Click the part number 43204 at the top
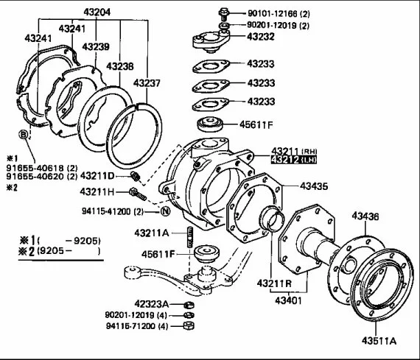click(x=97, y=13)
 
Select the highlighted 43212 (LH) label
click(x=294, y=160)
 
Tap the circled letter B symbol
click(x=24, y=134)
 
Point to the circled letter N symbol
click(x=166, y=211)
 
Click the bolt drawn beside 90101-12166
click(x=223, y=14)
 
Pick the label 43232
click(x=261, y=37)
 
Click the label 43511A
click(x=379, y=341)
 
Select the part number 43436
click(x=365, y=216)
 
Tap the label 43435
click(x=314, y=186)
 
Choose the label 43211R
click(x=274, y=283)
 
